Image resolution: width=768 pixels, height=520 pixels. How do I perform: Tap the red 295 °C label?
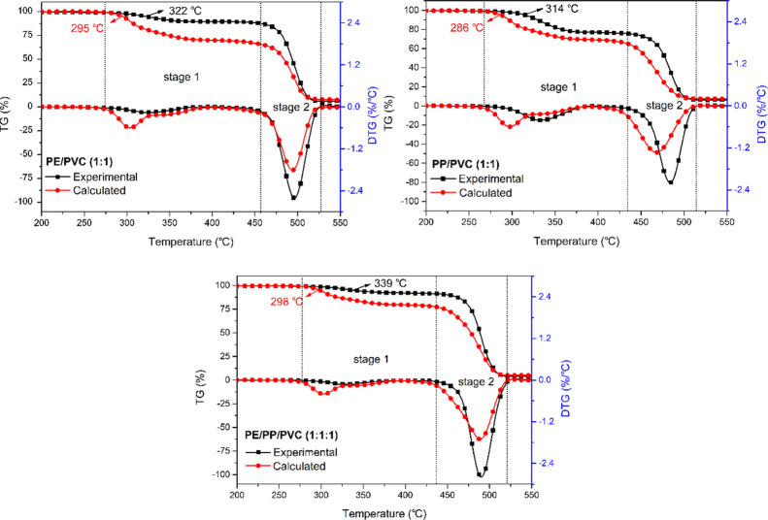click(x=61, y=29)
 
